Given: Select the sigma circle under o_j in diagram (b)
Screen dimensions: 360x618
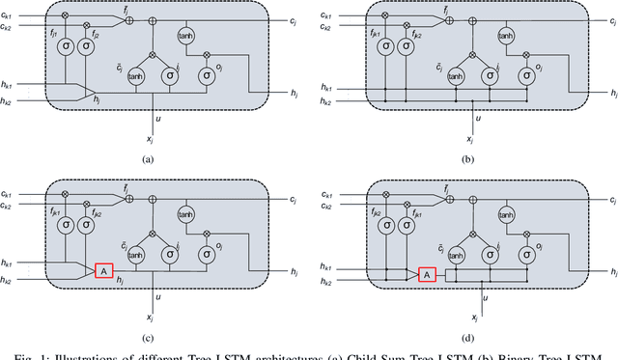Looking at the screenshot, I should (528, 74).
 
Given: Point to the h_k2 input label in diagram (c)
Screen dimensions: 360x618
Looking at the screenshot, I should (12, 280).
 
